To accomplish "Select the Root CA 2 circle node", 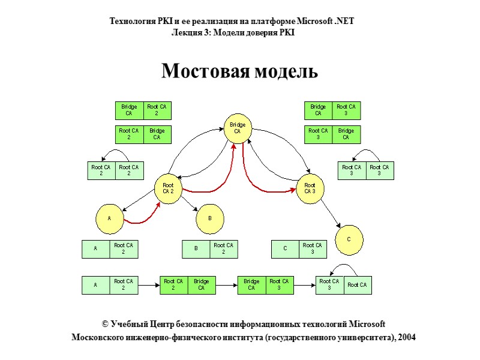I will pyautogui.click(x=168, y=189).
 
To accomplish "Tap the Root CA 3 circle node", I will pyautogui.click(x=310, y=189).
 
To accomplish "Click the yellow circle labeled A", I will pyautogui.click(x=110, y=219).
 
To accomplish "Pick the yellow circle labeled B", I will pyautogui.click(x=210, y=219).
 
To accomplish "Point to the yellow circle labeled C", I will pyautogui.click(x=349, y=239).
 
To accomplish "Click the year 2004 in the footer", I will pyautogui.click(x=406, y=337).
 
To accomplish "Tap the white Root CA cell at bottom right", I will pyautogui.click(x=357, y=285).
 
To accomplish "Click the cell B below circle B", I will pyautogui.click(x=196, y=249).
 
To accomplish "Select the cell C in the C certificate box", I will pyautogui.click(x=285, y=249).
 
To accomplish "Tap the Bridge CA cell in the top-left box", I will pyautogui.click(x=129, y=110).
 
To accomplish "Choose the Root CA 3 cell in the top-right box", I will pyautogui.click(x=346, y=110).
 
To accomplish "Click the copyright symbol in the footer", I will pyautogui.click(x=106, y=324).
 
